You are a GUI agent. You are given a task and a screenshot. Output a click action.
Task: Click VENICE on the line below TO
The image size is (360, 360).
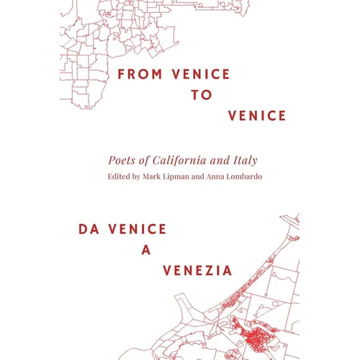(x=257, y=116)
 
